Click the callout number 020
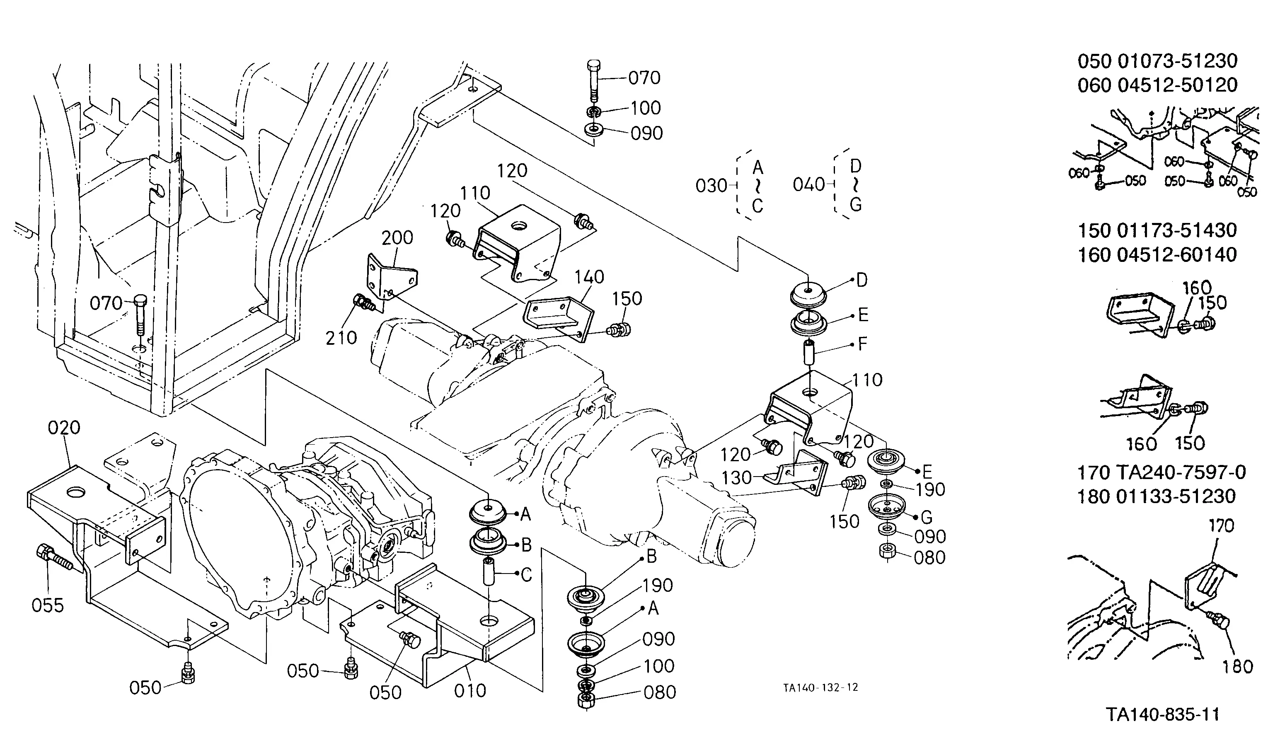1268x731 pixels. coord(64,428)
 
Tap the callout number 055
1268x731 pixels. coord(48,605)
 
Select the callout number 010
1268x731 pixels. coord(470,691)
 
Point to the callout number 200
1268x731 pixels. coord(397,237)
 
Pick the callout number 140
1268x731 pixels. coord(589,277)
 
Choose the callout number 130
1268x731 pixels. coord(736,477)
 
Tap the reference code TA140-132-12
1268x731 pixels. coord(821,688)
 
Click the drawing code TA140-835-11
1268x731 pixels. coord(1163,714)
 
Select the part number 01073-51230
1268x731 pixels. coord(1178,61)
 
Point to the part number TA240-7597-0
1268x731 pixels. coord(1182,472)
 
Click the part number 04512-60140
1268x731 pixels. coord(1178,255)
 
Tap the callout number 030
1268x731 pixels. coord(711,186)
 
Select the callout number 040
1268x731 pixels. coord(809,185)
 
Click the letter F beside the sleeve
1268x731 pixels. coord(863,344)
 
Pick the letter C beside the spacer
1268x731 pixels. coord(526,575)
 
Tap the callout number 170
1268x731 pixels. coord(1221,526)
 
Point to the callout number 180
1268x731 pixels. coord(1238,667)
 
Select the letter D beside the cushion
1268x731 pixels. coord(862,280)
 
